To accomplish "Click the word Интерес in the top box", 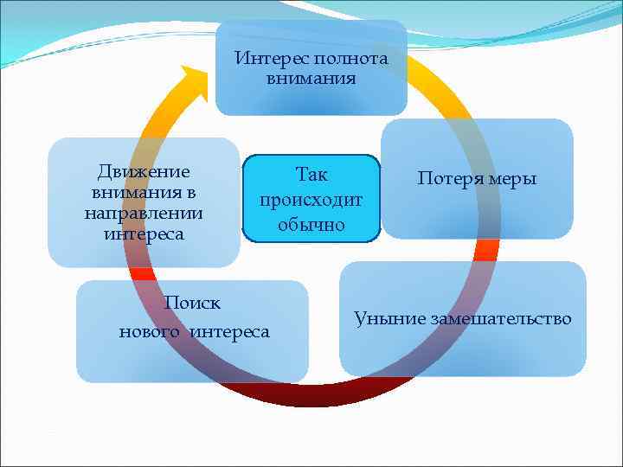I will (x=264, y=60).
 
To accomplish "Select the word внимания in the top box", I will (x=311, y=79).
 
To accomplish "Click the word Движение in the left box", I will (x=144, y=171).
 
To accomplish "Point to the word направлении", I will (x=144, y=213).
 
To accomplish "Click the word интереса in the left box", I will (x=144, y=233).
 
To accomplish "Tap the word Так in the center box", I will (x=311, y=174).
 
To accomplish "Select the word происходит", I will (x=311, y=199).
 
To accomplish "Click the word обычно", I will (x=311, y=225).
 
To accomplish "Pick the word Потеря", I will (x=450, y=179).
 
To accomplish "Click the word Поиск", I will (x=192, y=304).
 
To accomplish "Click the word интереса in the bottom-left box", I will (x=229, y=331).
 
